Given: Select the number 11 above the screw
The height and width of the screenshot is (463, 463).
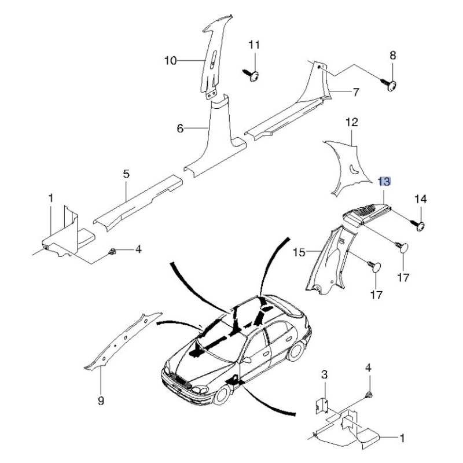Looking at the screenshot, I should point(255,45).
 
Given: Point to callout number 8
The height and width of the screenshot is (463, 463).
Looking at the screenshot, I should point(393,56).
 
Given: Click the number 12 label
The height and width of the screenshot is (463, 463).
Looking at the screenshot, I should point(352,122).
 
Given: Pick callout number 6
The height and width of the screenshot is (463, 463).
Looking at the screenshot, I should point(180,128).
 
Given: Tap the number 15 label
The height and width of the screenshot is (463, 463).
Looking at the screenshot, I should point(299,252).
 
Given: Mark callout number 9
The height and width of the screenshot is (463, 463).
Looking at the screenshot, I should point(100,400).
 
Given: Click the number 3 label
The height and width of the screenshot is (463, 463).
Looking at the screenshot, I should point(325,375).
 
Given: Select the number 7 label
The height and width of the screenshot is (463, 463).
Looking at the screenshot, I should point(356,91).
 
